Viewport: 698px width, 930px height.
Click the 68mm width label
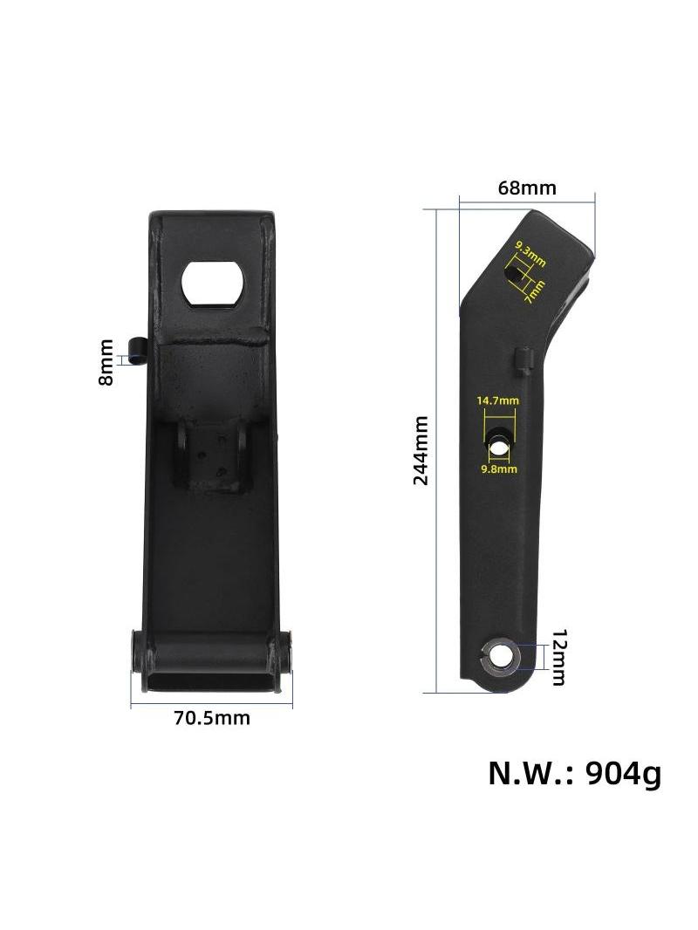(x=527, y=188)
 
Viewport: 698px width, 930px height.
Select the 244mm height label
(x=421, y=450)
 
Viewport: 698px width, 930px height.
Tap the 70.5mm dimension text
(x=212, y=718)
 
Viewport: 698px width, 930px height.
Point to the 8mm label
(x=106, y=362)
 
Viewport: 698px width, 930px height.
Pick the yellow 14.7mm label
(x=497, y=400)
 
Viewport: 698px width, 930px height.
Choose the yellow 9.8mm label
(x=499, y=469)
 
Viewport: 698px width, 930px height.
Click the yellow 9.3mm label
(x=530, y=253)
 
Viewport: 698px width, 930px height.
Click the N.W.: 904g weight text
(x=574, y=774)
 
